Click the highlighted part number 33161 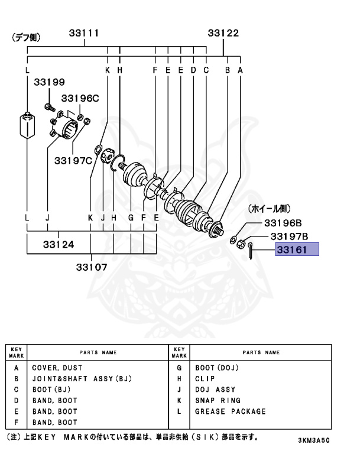point(296,250)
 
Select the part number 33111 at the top point(84,33)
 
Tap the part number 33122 point(223,33)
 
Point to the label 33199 point(49,83)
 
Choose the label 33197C point(74,160)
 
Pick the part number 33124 point(57,244)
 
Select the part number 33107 point(92,266)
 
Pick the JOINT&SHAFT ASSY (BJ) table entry point(80,378)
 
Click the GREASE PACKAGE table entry point(230,411)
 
